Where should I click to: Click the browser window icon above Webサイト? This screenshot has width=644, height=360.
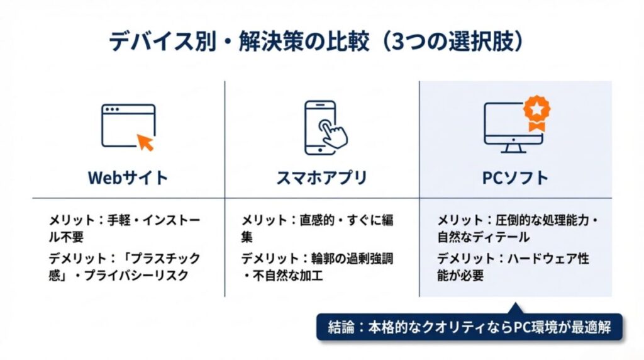128,126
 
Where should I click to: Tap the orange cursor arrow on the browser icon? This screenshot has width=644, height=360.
146,142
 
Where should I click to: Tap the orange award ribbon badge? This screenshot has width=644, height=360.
536,113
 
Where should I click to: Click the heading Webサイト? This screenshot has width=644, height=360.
128,177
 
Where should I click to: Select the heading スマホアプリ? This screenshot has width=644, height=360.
321,177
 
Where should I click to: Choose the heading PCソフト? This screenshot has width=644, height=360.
515,177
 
